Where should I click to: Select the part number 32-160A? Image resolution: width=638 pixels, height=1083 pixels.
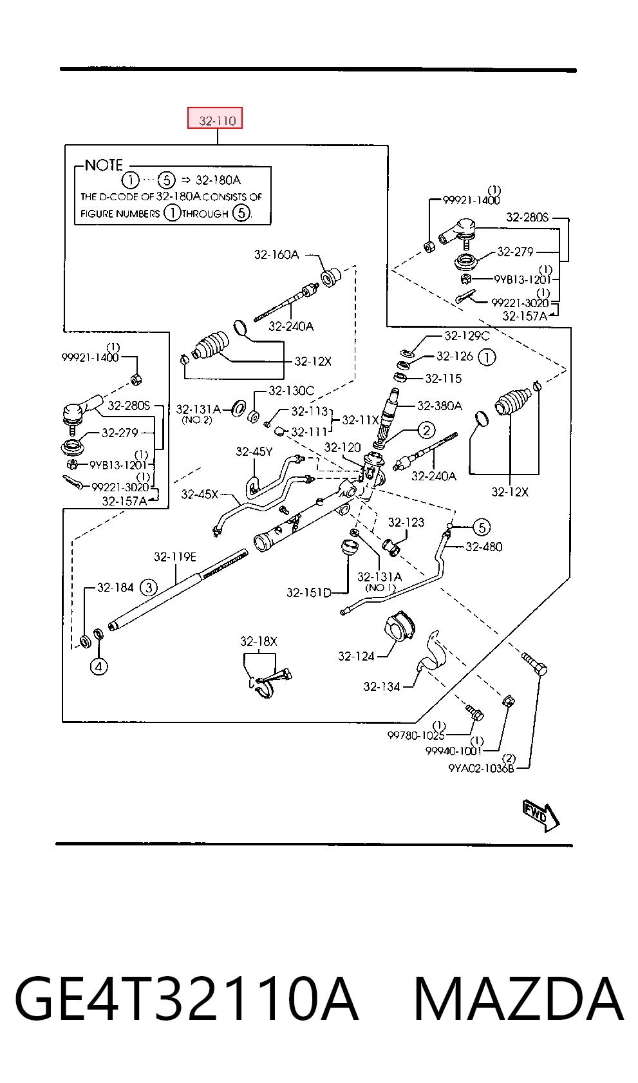pyautogui.click(x=276, y=254)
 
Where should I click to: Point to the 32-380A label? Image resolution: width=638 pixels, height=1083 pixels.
pyautogui.click(x=439, y=406)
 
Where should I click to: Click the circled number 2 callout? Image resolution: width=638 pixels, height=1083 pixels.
pyautogui.click(x=426, y=430)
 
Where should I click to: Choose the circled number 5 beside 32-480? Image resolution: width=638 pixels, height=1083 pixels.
pyautogui.click(x=482, y=527)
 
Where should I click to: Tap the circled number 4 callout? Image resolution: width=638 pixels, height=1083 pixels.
pyautogui.click(x=99, y=666)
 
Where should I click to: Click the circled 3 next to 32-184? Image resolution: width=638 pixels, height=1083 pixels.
pyautogui.click(x=148, y=587)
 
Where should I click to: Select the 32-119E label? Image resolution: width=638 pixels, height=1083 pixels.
pyautogui.click(x=175, y=557)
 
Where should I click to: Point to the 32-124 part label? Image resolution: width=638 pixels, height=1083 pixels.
pyautogui.click(x=356, y=656)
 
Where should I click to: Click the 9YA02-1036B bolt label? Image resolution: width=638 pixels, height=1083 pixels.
pyautogui.click(x=481, y=768)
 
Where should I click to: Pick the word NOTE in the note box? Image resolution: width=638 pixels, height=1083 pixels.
pyautogui.click(x=104, y=165)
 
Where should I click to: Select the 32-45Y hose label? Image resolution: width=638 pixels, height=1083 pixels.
pyautogui.click(x=254, y=451)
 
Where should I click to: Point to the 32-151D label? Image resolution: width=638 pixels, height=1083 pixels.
pyautogui.click(x=309, y=592)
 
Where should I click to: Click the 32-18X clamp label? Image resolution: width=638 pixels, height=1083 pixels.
pyautogui.click(x=259, y=641)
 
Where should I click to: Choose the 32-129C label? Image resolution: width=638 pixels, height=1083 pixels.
pyautogui.click(x=467, y=335)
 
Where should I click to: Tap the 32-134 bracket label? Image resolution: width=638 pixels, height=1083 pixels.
pyautogui.click(x=382, y=686)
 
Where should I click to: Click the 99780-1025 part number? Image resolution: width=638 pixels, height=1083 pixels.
pyautogui.click(x=416, y=735)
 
